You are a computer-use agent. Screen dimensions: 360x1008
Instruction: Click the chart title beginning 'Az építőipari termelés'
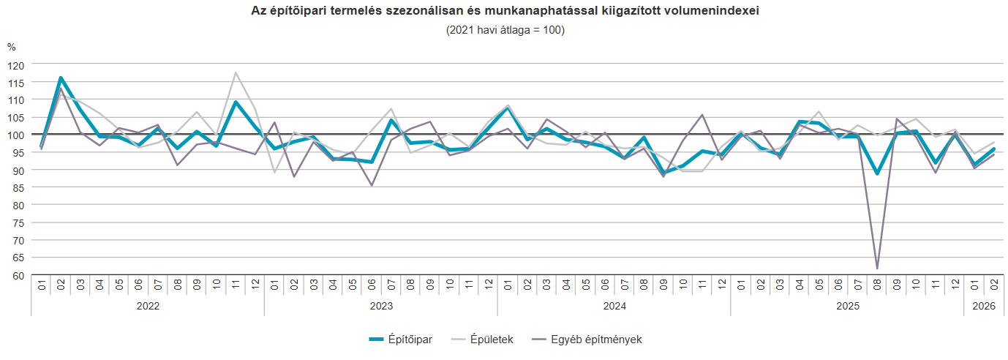tap(505, 12)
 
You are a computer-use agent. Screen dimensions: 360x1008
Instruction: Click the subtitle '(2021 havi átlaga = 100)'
tap(505, 30)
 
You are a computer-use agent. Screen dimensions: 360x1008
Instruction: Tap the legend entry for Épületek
tap(482, 340)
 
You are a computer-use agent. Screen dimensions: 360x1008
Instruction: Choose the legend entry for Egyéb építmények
tap(587, 340)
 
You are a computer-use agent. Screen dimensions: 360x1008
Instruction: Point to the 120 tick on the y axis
tap(17, 64)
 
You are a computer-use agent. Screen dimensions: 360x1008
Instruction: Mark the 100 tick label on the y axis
tap(17, 135)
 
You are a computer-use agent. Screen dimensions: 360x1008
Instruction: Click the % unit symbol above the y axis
tap(12, 48)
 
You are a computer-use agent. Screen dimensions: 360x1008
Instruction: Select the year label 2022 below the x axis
tap(148, 306)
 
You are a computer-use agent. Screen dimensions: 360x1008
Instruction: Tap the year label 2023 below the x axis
tap(381, 306)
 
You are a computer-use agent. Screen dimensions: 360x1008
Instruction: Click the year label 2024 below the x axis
tap(614, 306)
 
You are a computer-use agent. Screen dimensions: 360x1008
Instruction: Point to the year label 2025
tap(848, 306)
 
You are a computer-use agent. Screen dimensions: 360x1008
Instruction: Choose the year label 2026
tap(984, 306)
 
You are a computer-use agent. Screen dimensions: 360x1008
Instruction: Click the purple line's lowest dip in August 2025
tap(877, 269)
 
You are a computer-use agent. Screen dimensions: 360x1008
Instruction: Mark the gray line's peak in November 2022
tap(236, 73)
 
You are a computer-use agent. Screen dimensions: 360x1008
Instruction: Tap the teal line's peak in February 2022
tap(61, 78)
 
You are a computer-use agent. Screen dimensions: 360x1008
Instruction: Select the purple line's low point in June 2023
tap(372, 185)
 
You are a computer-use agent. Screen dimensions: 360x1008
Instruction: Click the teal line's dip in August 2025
tap(877, 173)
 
